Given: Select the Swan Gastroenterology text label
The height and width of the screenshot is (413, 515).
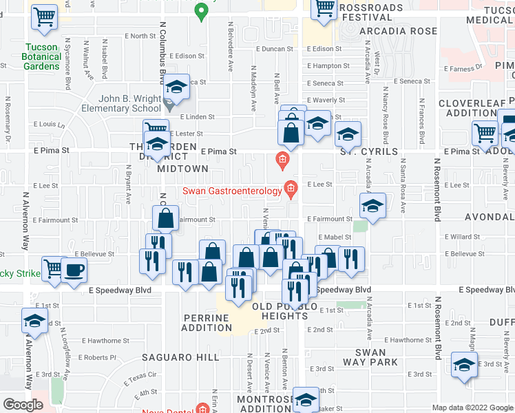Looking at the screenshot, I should [233, 190].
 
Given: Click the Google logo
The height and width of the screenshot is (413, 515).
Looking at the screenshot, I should [23, 405].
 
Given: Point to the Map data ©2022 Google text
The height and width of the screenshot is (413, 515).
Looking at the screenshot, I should [472, 407].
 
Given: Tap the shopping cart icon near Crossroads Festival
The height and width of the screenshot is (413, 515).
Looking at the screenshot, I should [324, 8].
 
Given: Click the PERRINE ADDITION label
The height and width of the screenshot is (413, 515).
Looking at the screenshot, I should [207, 322].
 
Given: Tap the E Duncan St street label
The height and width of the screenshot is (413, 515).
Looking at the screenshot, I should [275, 50].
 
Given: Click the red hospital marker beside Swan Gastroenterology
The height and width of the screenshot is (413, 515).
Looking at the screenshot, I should [291, 189].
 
